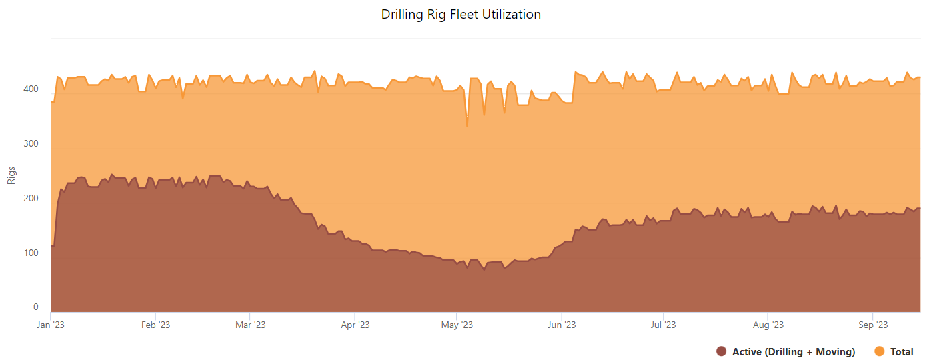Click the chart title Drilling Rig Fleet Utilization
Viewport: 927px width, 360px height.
[x=461, y=14]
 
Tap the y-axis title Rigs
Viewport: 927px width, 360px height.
[x=11, y=175]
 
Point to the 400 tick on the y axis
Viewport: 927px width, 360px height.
[x=31, y=89]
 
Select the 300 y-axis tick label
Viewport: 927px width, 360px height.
[x=31, y=144]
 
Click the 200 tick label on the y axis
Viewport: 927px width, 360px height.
[x=31, y=199]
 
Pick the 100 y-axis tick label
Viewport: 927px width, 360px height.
[x=31, y=253]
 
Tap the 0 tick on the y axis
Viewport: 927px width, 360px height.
[x=35, y=307]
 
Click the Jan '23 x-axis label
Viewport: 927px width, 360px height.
[x=51, y=325]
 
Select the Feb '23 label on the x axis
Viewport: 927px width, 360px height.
[x=155, y=325]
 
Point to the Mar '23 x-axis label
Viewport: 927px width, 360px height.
[x=250, y=325]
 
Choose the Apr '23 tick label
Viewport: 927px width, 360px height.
[x=355, y=325]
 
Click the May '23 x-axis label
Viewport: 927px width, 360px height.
[x=457, y=325]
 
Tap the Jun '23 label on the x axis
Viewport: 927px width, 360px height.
[x=562, y=325]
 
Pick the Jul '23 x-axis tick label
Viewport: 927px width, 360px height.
[x=663, y=325]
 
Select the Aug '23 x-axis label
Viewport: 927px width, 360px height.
[x=768, y=325]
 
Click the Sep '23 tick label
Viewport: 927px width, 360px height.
[x=872, y=325]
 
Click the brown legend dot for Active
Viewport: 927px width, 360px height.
[x=721, y=351]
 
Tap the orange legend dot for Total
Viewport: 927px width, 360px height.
[x=879, y=351]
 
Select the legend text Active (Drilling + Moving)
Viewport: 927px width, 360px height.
[x=794, y=351]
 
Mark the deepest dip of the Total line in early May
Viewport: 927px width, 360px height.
[x=467, y=126]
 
